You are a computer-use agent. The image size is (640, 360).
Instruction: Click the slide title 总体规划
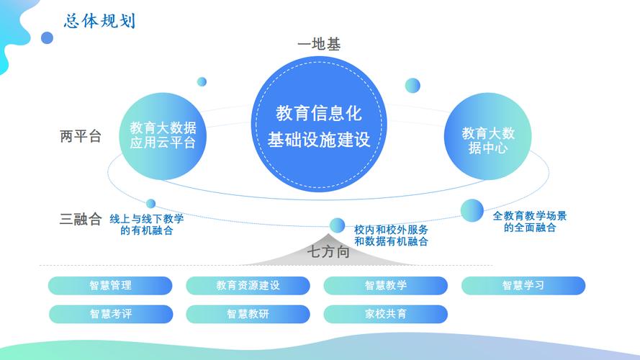99,21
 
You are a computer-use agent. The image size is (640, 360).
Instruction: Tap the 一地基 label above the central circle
319,44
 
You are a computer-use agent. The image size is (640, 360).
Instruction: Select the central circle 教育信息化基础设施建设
319,124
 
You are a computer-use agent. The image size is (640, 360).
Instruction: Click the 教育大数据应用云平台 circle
163,136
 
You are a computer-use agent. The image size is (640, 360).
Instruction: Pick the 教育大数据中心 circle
488,136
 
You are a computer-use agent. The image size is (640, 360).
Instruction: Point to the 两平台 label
81,136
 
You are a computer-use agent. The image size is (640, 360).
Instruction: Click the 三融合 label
81,219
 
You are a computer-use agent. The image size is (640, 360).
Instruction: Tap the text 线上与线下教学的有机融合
147,225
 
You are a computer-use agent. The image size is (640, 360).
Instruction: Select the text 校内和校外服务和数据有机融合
391,235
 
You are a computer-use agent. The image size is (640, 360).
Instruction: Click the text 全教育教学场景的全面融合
530,222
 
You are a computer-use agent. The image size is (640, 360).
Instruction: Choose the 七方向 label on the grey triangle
328,252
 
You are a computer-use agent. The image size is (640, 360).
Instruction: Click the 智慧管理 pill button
110,285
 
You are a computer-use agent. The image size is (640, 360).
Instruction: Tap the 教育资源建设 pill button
248,285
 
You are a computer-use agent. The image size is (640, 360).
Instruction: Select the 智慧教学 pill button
386,285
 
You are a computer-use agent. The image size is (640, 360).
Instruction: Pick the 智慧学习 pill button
523,285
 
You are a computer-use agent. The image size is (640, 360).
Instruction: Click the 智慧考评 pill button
111,314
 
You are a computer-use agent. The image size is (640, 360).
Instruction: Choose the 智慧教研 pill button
248,314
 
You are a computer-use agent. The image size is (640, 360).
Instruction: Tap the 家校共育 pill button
386,314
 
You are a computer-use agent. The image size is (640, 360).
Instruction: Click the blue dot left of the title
48,38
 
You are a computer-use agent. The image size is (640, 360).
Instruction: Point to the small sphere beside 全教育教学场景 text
472,211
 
